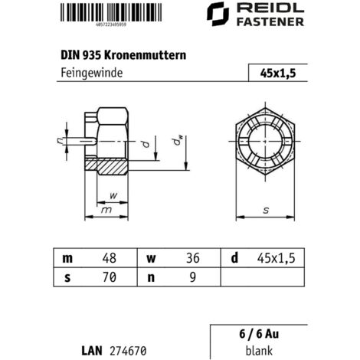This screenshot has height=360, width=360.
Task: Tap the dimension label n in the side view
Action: click(x=58, y=139)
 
